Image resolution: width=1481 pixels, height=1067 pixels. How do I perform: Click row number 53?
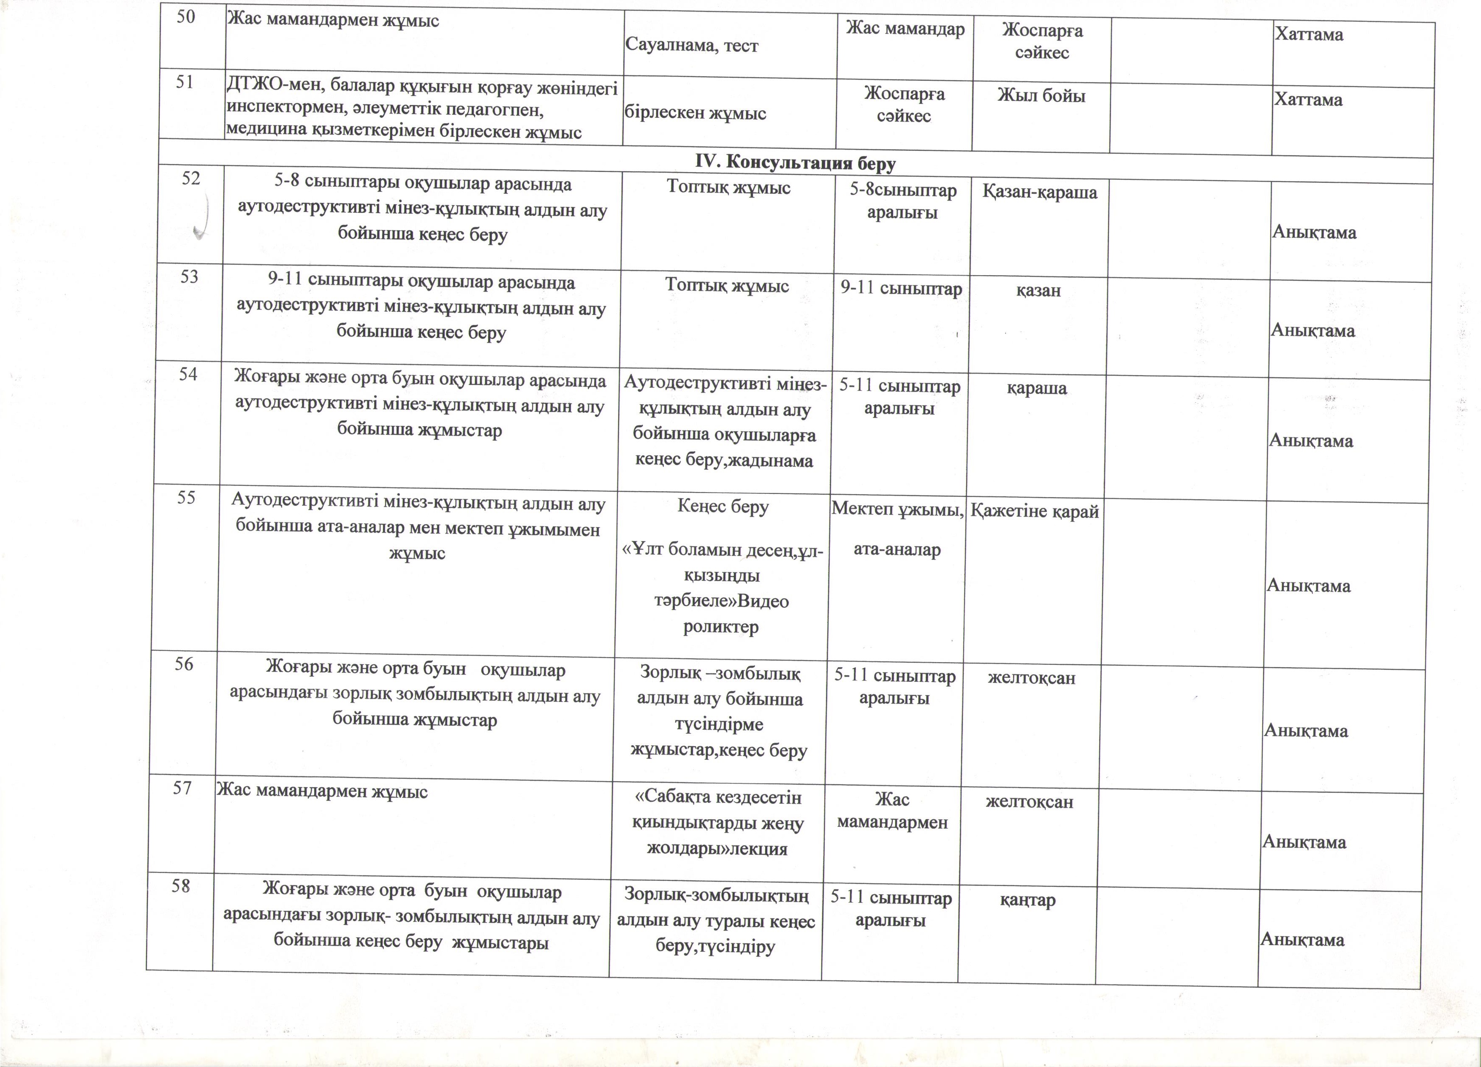[x=189, y=277]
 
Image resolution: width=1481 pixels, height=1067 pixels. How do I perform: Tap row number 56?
[x=184, y=664]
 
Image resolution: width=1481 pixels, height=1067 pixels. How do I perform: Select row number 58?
[x=181, y=886]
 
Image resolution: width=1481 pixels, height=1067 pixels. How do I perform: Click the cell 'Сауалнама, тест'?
[x=692, y=46]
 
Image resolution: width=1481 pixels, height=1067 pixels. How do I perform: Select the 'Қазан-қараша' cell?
[x=1040, y=192]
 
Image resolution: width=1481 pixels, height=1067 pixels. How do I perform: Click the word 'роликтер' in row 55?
[x=721, y=627]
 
